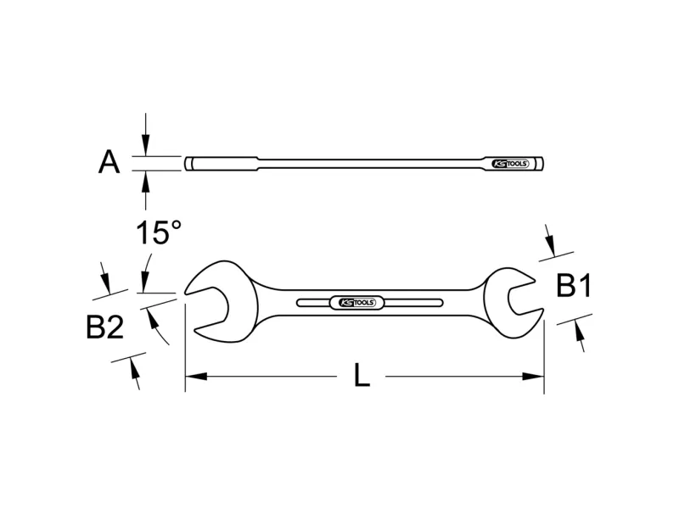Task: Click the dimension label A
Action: pos(109,162)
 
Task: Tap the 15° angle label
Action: pos(159,232)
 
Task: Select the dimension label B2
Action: pos(104,327)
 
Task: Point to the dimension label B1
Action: pos(574,286)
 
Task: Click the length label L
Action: pos(362,375)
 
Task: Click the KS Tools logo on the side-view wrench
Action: pos(510,164)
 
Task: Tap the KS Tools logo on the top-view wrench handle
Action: pos(356,303)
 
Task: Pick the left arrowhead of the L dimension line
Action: pos(196,376)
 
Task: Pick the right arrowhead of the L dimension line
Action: pos(533,376)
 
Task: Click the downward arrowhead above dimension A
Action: pos(146,145)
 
